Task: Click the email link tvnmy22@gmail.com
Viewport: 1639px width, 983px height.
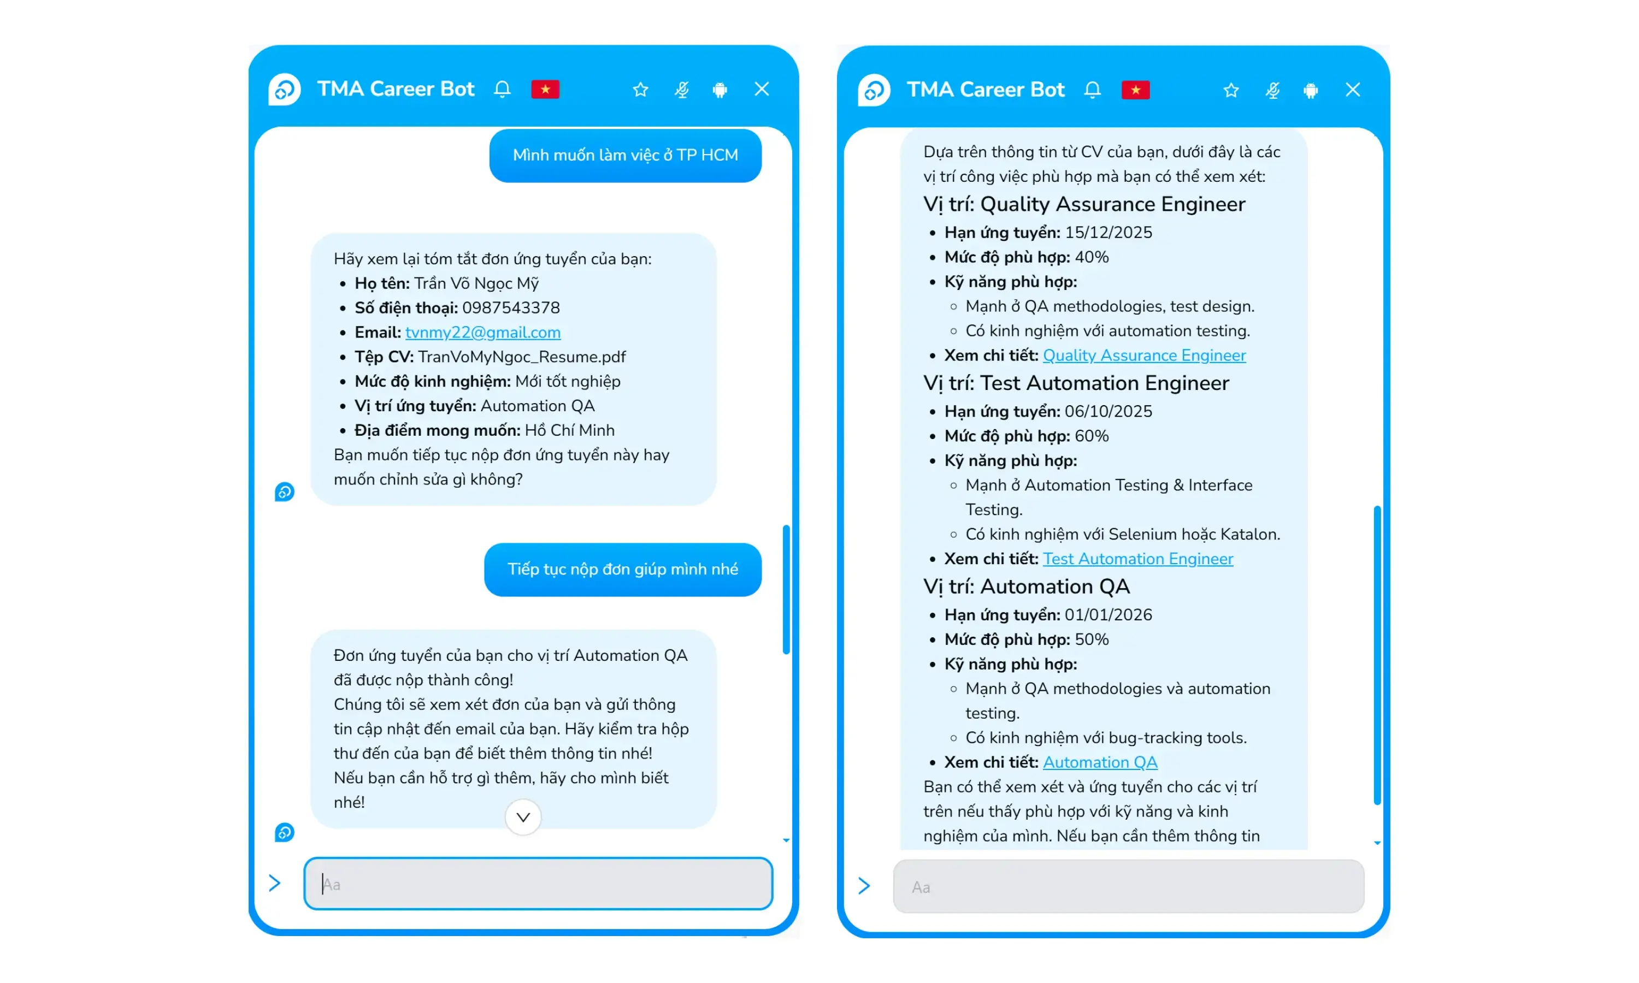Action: tap(482, 333)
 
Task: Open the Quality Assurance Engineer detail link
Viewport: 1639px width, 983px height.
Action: tap(1143, 356)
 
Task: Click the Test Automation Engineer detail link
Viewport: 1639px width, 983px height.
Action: tap(1137, 559)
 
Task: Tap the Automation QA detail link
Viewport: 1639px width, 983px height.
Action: tap(1100, 762)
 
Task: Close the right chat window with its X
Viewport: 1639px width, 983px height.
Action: tap(1352, 90)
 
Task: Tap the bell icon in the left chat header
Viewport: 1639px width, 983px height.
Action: tap(502, 90)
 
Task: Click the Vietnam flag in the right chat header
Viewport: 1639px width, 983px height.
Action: tap(1135, 90)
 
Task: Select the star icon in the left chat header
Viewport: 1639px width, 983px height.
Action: tap(640, 90)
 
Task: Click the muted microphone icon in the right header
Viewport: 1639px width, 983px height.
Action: tap(1272, 90)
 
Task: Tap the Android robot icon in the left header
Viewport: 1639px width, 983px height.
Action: tap(720, 90)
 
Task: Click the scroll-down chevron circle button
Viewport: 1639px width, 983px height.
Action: tap(523, 818)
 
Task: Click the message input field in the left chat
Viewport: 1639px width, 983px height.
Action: tap(538, 884)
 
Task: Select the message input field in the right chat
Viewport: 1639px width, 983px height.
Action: tap(1128, 887)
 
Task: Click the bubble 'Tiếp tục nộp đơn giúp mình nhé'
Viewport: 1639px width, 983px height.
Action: tap(622, 570)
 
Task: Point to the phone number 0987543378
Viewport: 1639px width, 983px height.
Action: tap(511, 308)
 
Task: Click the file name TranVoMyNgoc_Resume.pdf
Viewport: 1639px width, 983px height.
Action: tap(521, 357)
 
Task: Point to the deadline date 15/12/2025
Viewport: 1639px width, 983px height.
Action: tap(1107, 233)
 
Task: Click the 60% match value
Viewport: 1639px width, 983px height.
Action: tap(1091, 436)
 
